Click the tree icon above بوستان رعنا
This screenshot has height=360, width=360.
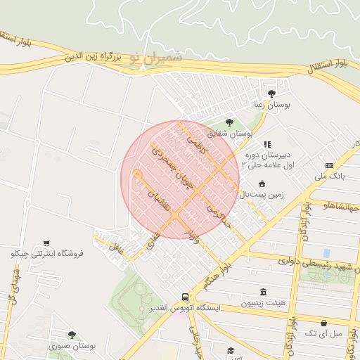pos(271,92)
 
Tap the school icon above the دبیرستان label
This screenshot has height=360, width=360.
pos(266,145)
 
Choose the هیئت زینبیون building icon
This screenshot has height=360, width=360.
pos(263,292)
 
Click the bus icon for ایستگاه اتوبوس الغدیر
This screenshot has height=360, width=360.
pos(184,297)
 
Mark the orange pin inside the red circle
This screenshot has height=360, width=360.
pos(138,175)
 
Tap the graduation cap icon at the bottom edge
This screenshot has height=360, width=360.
pos(231,350)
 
